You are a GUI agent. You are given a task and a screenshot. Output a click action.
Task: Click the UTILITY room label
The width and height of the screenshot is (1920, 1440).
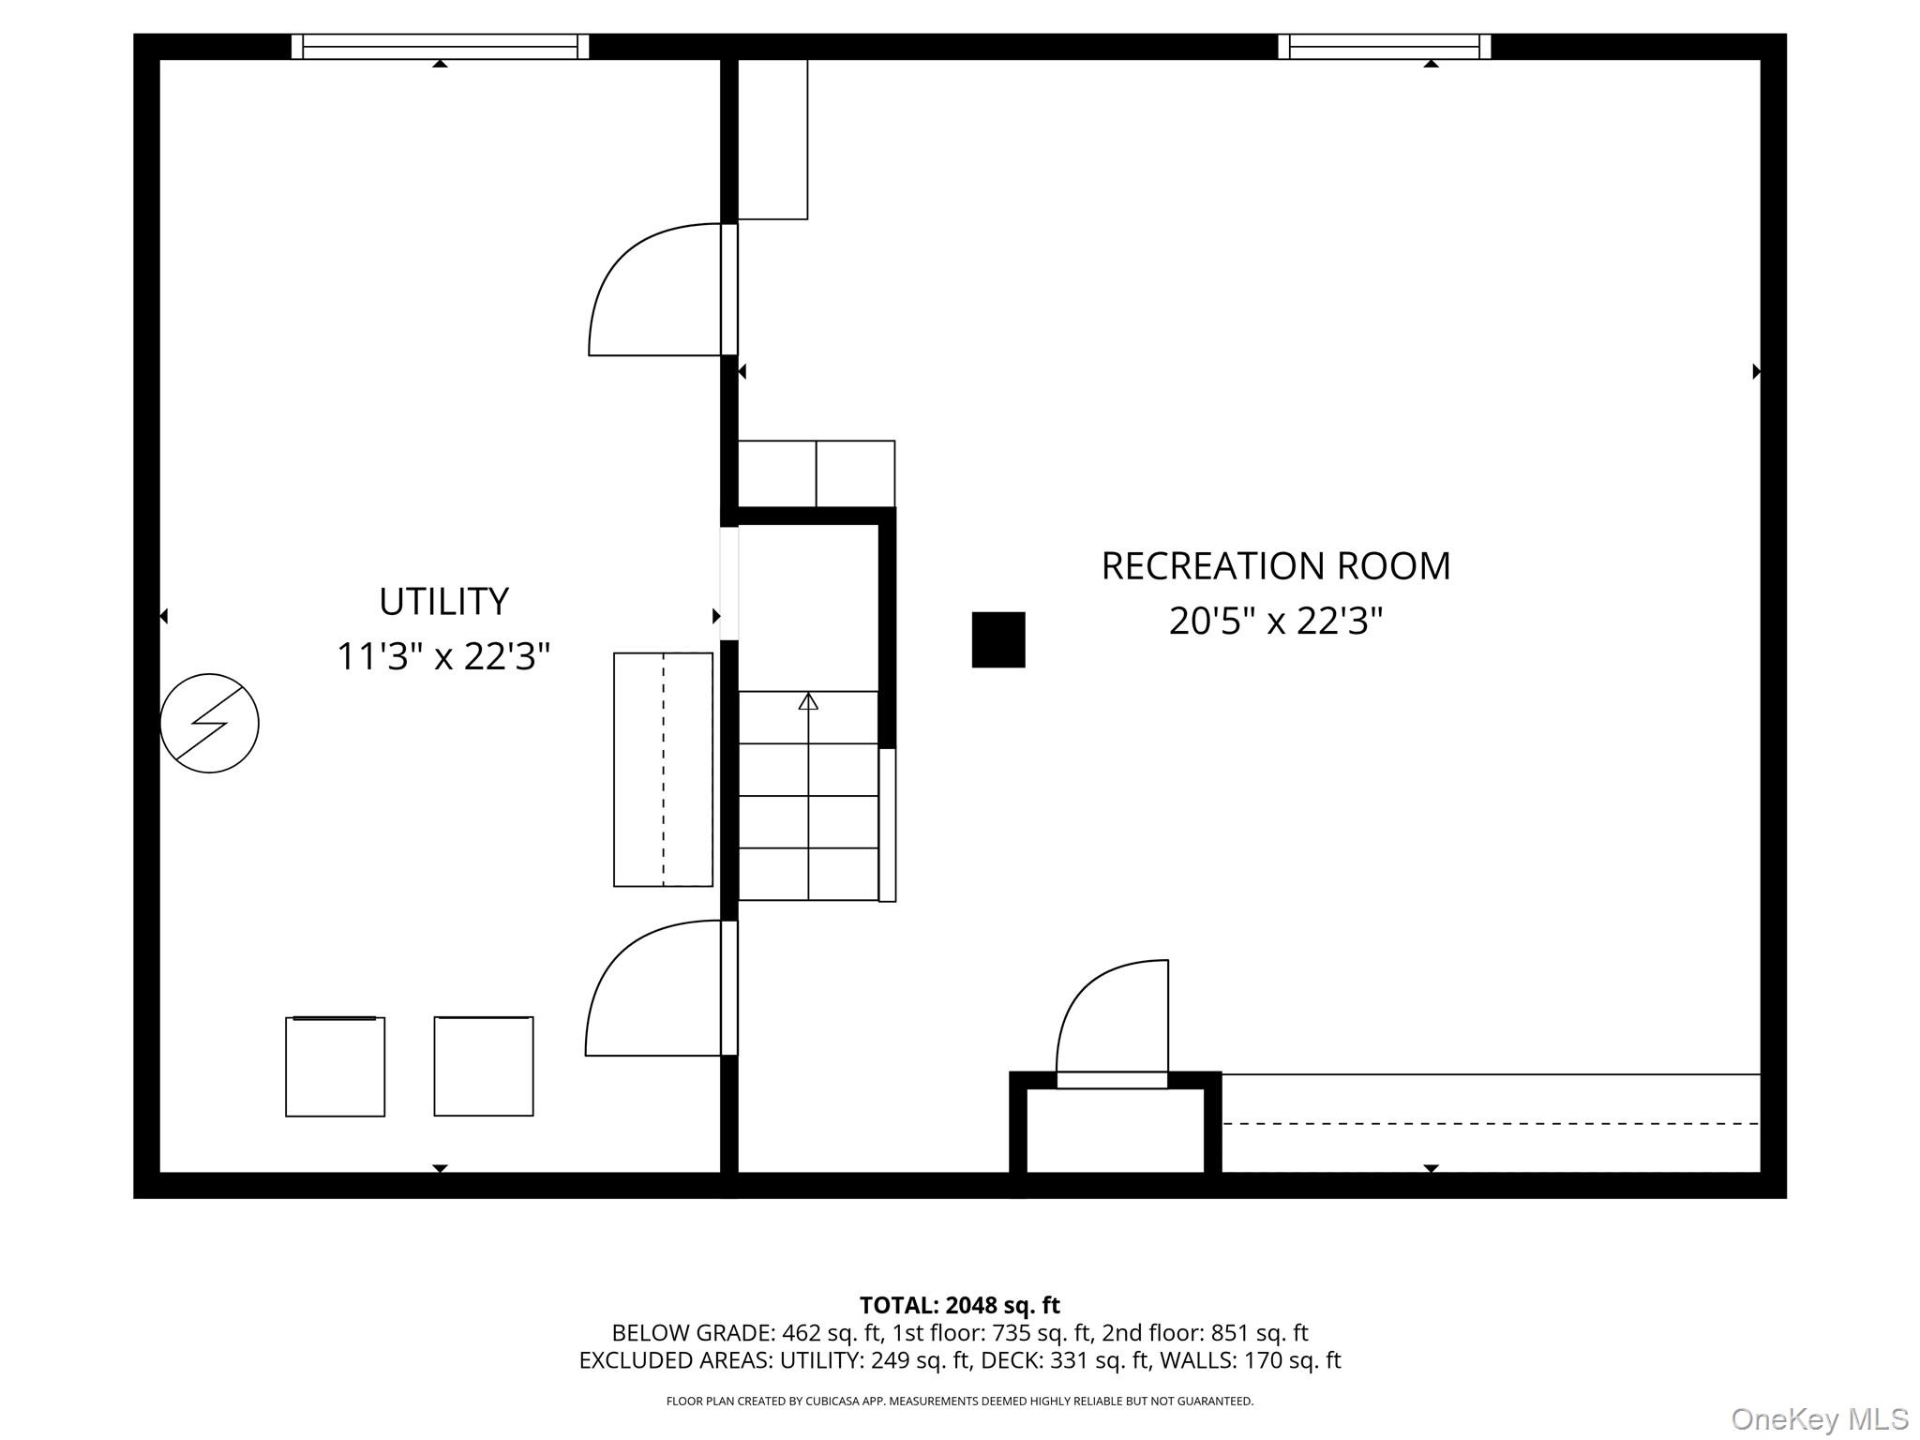[443, 601]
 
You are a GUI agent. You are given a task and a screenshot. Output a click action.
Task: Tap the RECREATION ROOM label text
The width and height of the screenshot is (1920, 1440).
[1275, 566]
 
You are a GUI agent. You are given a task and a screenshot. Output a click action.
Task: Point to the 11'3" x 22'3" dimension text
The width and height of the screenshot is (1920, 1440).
[443, 656]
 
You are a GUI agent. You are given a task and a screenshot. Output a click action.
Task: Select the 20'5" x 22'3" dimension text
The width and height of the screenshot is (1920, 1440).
[1275, 621]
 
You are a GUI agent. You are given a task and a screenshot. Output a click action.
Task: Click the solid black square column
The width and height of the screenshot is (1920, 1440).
[998, 639]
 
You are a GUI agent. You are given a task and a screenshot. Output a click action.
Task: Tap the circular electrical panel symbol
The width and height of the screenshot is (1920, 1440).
[210, 723]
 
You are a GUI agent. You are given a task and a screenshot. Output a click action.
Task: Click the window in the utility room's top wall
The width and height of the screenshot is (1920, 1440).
[440, 46]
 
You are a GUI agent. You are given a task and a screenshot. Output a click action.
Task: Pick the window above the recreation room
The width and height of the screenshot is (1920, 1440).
[1384, 46]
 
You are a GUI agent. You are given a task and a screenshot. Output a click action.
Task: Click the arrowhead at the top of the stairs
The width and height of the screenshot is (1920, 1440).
[808, 700]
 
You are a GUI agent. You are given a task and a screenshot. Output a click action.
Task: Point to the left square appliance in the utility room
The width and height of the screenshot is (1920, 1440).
[336, 1066]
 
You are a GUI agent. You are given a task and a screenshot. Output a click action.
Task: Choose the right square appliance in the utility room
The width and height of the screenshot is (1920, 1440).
[484, 1066]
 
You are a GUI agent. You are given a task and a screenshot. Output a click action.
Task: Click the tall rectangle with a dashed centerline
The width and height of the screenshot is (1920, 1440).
[663, 770]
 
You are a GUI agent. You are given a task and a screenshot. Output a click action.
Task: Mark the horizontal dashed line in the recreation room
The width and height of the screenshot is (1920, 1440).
[1491, 1123]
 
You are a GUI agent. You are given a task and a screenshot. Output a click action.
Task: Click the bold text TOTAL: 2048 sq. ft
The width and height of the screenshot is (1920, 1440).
[959, 1305]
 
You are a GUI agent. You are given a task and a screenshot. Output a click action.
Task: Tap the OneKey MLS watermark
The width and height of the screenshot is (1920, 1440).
[1820, 1418]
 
